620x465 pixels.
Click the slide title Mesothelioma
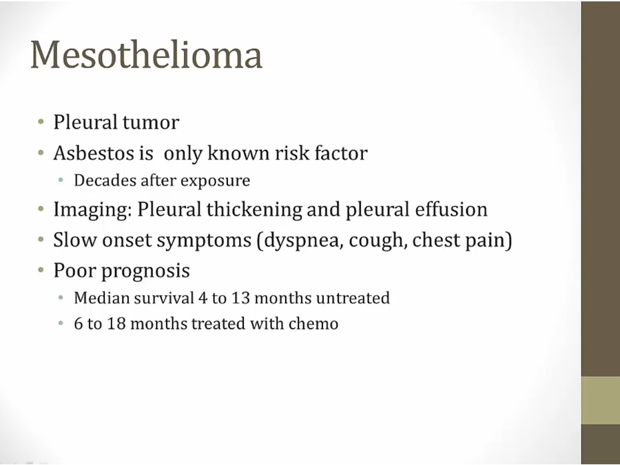point(146,55)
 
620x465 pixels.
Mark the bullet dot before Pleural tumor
point(41,121)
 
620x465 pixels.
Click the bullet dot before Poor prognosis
point(41,270)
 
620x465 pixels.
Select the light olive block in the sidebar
point(600,400)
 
